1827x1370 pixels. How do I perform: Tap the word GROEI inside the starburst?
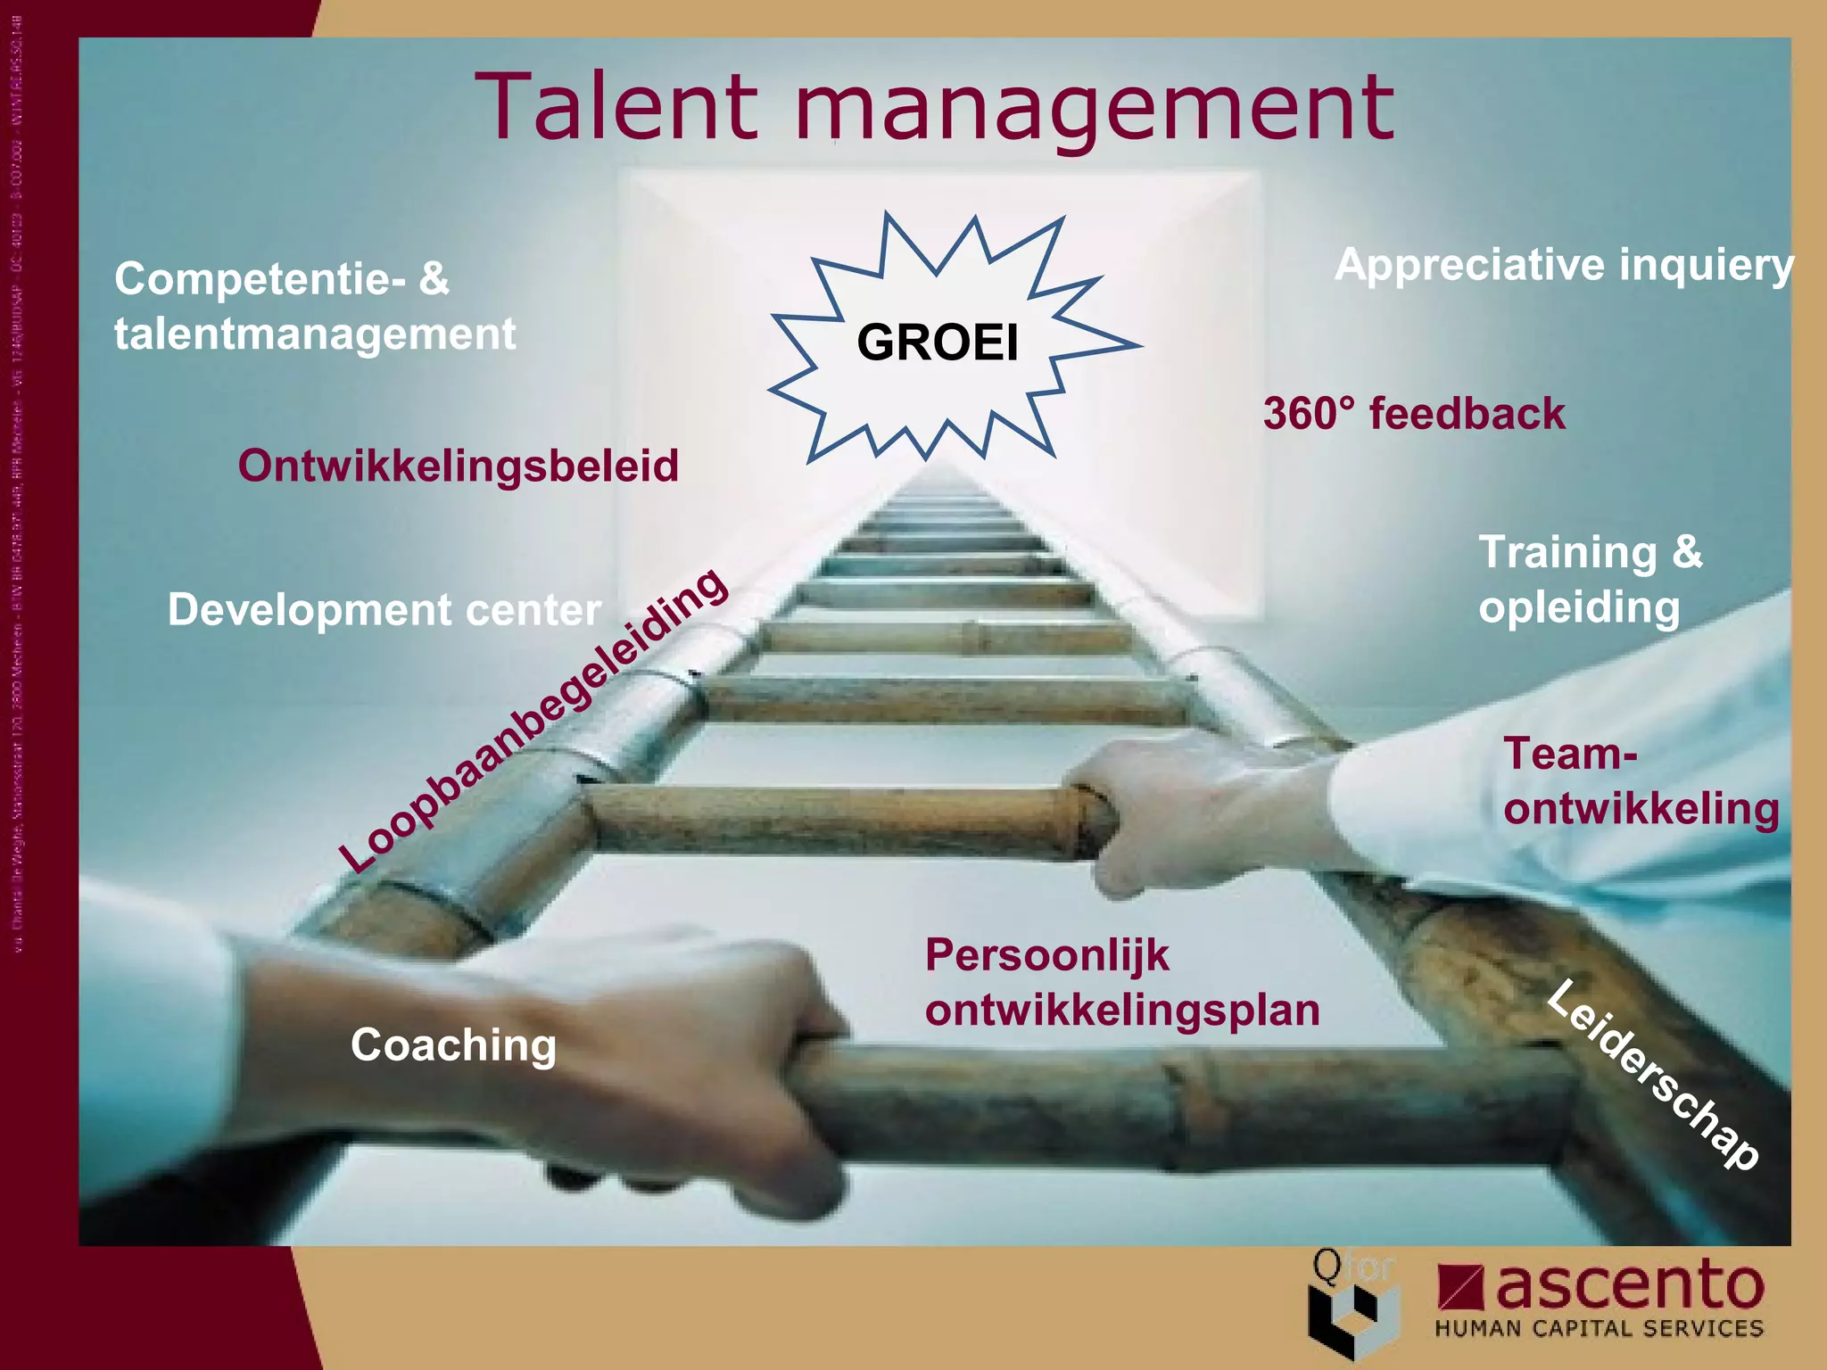pos(937,342)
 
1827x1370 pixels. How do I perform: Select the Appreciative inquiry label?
pos(1563,266)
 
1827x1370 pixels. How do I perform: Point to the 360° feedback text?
pos(1414,414)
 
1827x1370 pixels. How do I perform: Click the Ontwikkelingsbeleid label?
pos(459,466)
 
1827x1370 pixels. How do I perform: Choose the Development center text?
pos(384,610)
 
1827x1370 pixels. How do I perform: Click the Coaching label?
pos(453,1044)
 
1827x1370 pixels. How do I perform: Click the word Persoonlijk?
pos(1046,955)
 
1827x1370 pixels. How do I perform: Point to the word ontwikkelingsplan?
pos(1122,1011)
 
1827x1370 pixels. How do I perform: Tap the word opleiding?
pos(1579,608)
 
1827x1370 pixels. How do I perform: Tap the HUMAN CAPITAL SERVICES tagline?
pos(1599,1328)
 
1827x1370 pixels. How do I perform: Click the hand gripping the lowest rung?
pos(705,1061)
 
